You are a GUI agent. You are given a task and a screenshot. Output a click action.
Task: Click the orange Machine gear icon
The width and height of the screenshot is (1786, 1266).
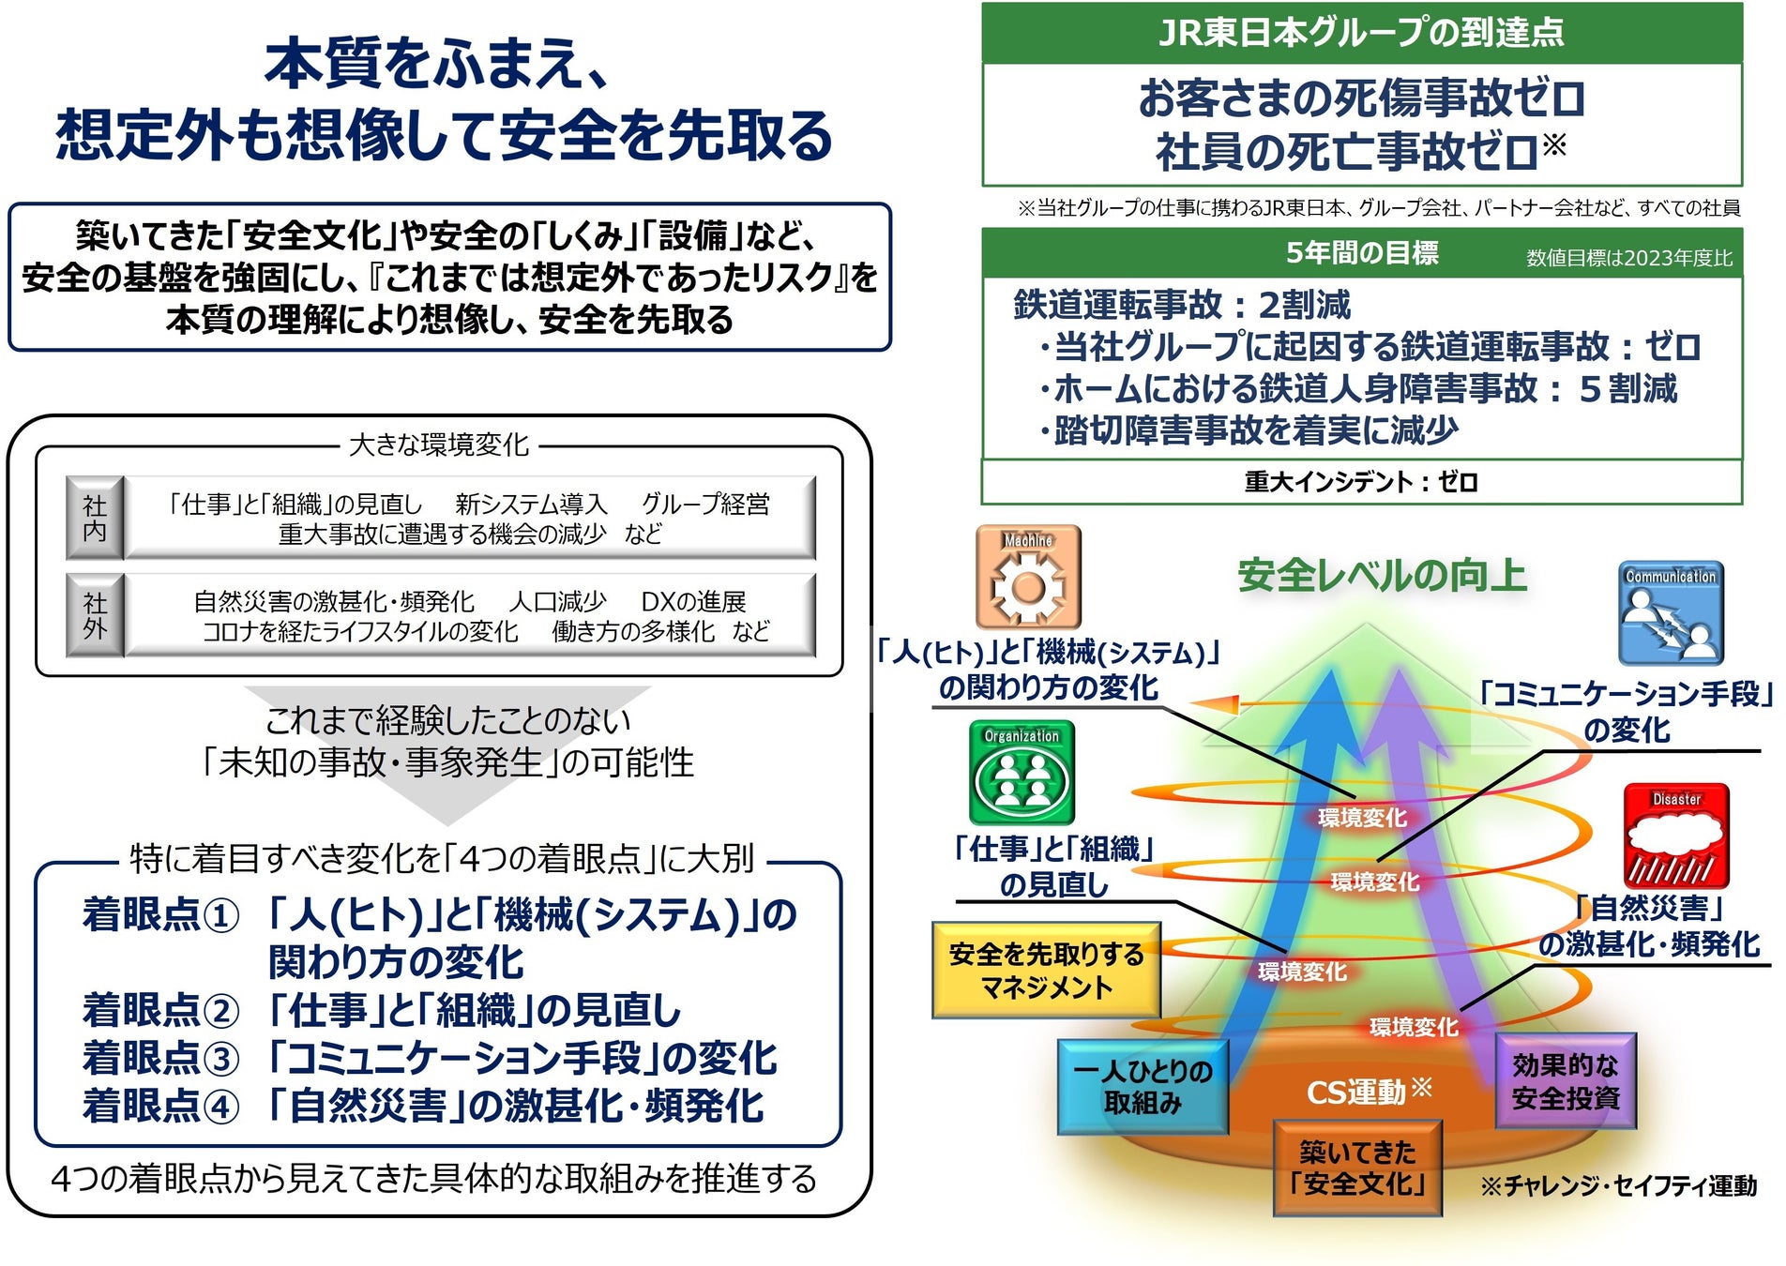click(x=1028, y=577)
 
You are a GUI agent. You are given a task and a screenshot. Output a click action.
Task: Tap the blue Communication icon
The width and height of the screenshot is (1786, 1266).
click(x=1671, y=613)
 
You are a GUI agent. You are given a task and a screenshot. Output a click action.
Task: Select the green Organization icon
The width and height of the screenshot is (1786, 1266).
click(x=1022, y=773)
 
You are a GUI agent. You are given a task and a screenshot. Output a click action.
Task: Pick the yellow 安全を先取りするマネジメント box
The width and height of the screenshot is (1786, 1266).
click(x=1046, y=971)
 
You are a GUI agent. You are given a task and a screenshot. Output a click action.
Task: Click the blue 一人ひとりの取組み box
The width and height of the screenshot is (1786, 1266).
click(x=1143, y=1087)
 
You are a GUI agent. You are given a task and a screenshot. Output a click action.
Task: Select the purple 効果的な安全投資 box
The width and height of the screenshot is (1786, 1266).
click(x=1566, y=1081)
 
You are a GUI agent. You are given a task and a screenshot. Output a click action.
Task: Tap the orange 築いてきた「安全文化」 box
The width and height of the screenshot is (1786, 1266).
click(x=1357, y=1168)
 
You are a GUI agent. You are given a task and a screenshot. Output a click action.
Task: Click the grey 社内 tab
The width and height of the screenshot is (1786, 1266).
click(x=95, y=519)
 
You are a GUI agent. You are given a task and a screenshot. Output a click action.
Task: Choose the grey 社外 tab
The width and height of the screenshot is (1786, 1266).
click(x=95, y=615)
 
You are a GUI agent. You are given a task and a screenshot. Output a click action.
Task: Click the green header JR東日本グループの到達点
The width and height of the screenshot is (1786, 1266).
click(x=1361, y=33)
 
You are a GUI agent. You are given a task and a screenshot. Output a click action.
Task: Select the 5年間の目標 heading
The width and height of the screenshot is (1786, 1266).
click(x=1361, y=253)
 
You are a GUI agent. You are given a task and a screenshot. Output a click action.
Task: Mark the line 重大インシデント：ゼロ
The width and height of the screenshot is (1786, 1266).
click(x=1361, y=482)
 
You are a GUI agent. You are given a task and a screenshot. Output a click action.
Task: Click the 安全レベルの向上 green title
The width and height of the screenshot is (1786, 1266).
click(x=1382, y=576)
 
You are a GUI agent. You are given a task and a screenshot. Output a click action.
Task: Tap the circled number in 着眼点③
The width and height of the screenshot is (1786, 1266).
click(x=221, y=1059)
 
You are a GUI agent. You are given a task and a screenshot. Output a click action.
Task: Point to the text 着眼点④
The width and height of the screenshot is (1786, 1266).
click(x=160, y=1107)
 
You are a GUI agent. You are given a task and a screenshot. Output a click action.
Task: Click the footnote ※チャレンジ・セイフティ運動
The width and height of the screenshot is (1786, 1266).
click(x=1618, y=1186)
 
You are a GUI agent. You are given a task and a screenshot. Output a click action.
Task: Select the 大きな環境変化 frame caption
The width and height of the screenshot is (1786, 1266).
click(x=439, y=445)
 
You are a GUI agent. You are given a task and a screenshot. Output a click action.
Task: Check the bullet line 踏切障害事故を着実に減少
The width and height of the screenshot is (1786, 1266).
click(x=1253, y=430)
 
